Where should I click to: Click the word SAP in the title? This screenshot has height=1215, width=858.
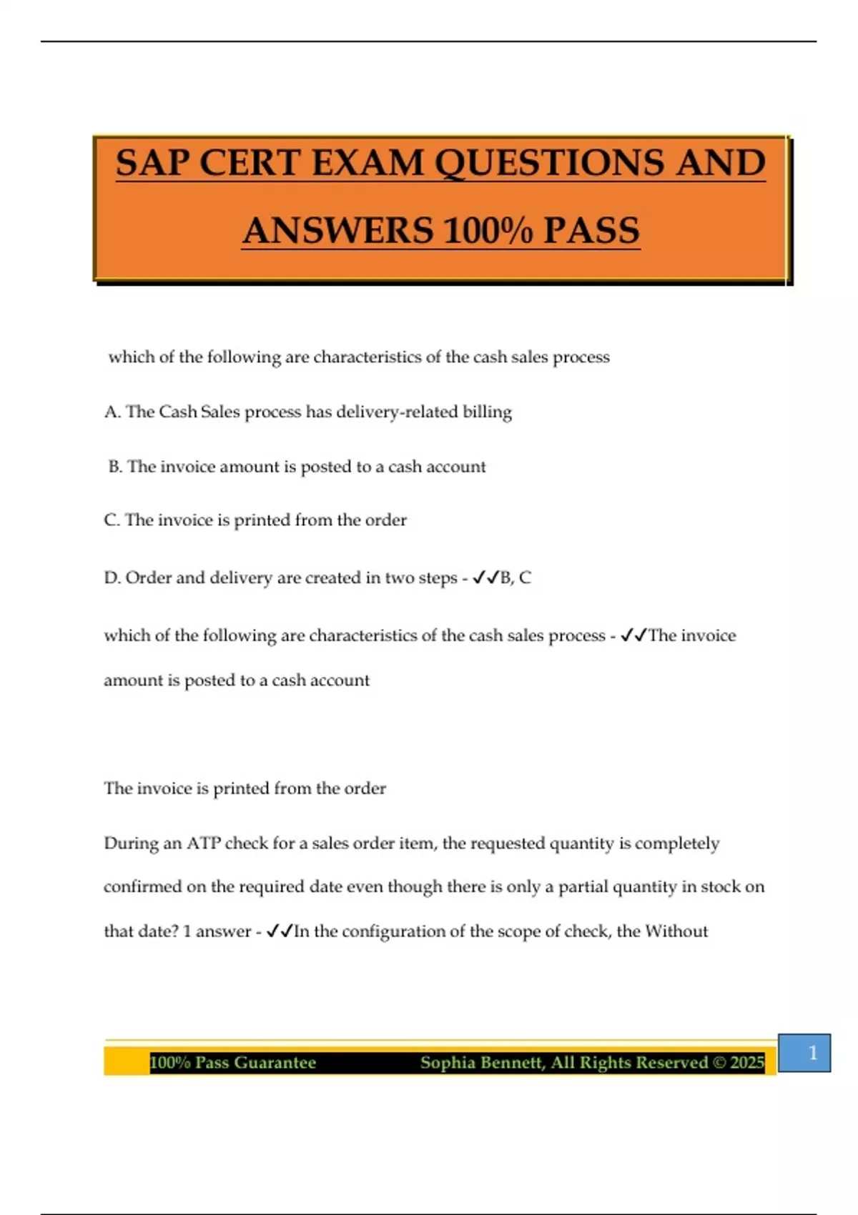click(x=152, y=163)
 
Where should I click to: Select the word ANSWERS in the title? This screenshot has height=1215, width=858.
click(x=337, y=231)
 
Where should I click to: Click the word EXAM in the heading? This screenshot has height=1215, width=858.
click(x=368, y=163)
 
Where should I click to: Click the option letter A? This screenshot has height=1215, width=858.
click(x=111, y=412)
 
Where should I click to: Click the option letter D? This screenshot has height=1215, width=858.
click(x=112, y=577)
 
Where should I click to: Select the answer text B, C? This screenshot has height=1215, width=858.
click(x=516, y=577)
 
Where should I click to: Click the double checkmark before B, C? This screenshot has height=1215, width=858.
click(x=485, y=577)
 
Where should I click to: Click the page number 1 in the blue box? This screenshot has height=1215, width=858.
click(x=812, y=1053)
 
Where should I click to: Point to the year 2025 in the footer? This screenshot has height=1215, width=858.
click(x=747, y=1063)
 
